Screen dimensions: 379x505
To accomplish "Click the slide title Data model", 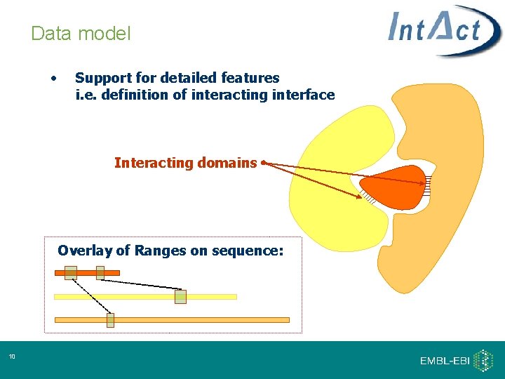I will (x=81, y=33).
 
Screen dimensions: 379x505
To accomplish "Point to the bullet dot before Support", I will (x=54, y=77).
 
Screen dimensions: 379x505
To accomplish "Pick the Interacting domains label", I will (x=185, y=163).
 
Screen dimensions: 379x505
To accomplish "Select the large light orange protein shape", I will (x=449, y=232).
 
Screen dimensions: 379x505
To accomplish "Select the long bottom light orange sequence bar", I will (x=210, y=320).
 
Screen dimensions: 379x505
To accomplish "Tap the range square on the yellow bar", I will (x=180, y=297).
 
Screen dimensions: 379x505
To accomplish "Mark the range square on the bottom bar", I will (x=110, y=320).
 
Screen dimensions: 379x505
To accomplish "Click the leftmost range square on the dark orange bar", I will (x=70, y=272).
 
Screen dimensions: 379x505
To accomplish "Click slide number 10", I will (x=12, y=358).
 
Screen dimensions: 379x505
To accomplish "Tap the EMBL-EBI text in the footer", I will (x=445, y=360).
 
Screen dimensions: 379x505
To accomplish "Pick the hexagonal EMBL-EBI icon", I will (x=483, y=360).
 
